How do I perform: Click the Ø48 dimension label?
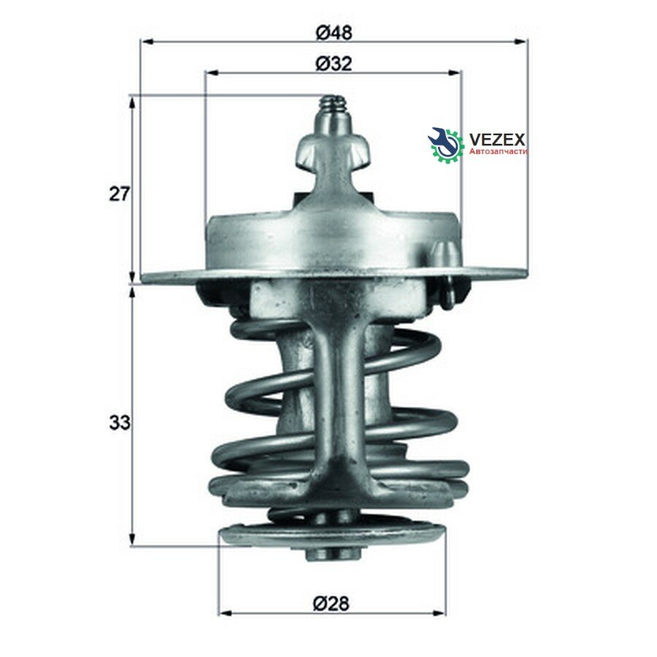click(x=334, y=32)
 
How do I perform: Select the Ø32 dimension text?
click(x=334, y=64)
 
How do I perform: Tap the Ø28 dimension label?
click(x=331, y=604)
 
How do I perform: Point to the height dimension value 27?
click(x=120, y=194)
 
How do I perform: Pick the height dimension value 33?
click(x=120, y=423)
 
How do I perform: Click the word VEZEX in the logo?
click(x=497, y=139)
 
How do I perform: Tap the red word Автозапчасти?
click(x=498, y=151)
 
